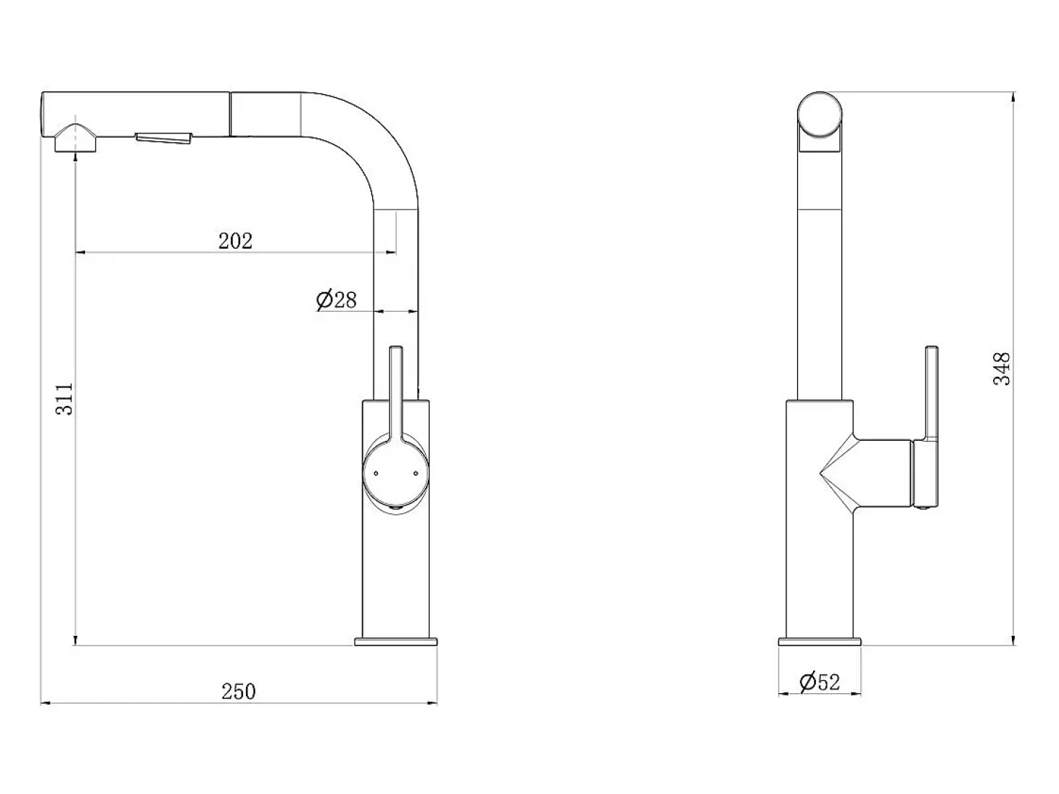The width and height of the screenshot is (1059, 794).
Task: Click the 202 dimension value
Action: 235,241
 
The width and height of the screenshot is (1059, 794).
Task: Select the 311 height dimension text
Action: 65,399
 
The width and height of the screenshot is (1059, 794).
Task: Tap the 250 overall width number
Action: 239,691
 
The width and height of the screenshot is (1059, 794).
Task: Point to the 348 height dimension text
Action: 1002,369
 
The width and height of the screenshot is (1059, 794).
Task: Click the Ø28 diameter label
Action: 337,300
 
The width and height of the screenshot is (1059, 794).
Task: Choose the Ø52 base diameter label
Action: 820,682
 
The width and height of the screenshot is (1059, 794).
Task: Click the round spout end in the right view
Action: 820,115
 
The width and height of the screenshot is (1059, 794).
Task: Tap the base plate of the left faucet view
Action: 395,642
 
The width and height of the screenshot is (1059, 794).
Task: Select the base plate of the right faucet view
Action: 820,642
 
